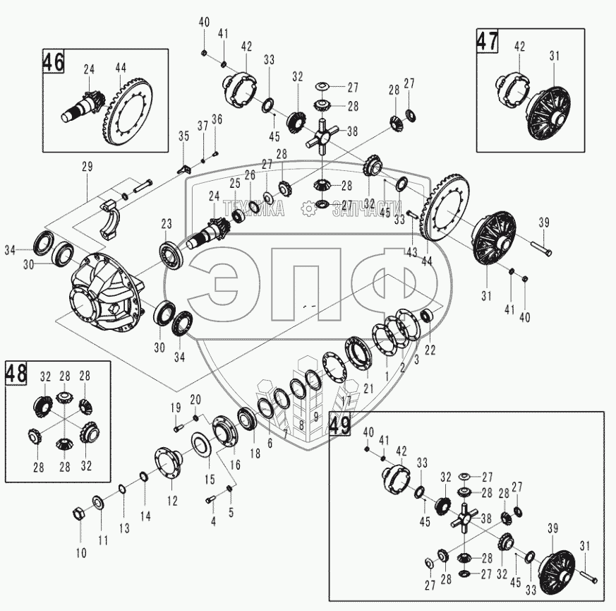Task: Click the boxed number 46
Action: (53, 62)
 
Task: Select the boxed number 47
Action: (487, 41)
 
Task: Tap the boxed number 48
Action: (16, 374)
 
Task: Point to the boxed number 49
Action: (339, 425)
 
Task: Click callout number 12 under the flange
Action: (171, 501)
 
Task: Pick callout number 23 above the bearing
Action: (166, 224)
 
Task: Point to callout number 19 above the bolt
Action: (176, 407)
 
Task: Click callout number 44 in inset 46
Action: (121, 68)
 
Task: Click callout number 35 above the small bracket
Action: (183, 136)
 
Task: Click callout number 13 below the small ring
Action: (123, 528)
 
